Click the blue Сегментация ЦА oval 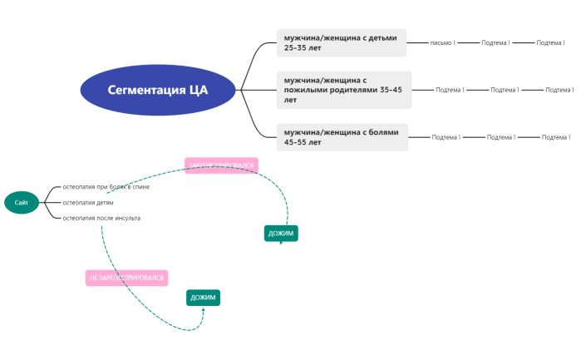pos(158,90)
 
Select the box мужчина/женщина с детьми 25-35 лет pos(342,42)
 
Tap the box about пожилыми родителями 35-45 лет pos(344,90)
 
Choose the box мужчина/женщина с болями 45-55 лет pos(342,137)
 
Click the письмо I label pos(442,42)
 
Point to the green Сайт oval pos(22,202)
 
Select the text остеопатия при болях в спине pos(106,187)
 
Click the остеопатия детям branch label pos(88,202)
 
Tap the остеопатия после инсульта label pos(101,218)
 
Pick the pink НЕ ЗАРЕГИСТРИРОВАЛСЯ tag pos(126,278)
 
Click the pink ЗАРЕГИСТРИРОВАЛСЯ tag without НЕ pos(221,165)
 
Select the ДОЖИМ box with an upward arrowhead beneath pos(203,297)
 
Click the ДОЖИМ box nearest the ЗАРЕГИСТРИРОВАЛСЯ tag pos(281,234)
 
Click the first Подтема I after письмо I pos(495,42)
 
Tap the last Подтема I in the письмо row pos(550,42)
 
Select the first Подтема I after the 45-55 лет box pos(446,137)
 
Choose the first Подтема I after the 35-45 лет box pos(450,90)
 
